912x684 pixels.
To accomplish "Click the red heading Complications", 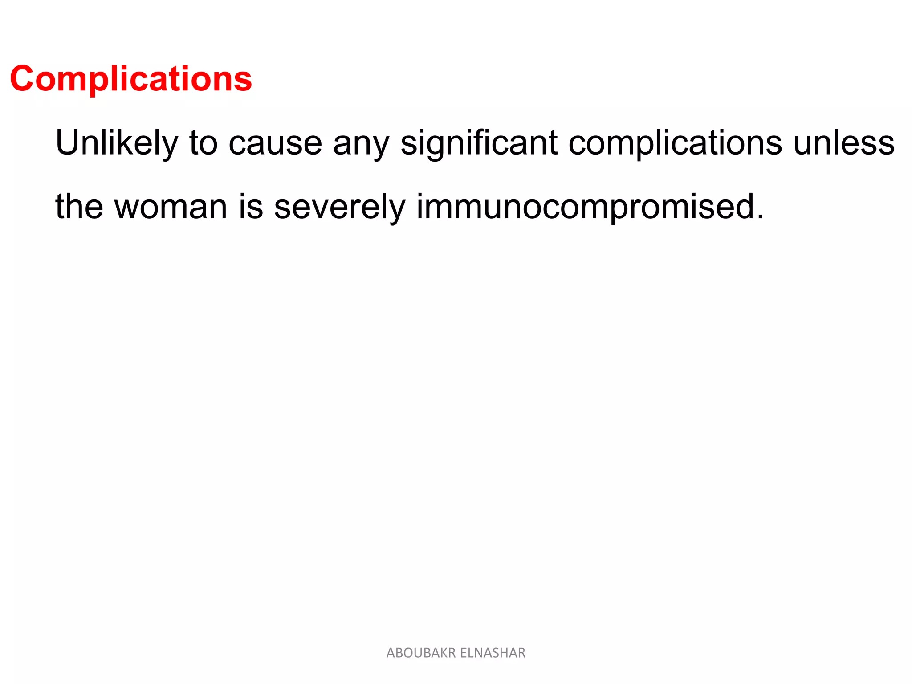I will [x=131, y=79].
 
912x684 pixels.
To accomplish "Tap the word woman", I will [x=171, y=207].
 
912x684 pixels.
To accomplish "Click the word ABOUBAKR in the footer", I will [x=421, y=653].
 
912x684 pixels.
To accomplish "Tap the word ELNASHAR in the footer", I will [x=493, y=653].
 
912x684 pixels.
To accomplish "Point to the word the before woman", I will [x=79, y=207].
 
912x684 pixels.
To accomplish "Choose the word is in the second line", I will [x=250, y=207].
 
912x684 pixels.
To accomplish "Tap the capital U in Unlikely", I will [x=67, y=142].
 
